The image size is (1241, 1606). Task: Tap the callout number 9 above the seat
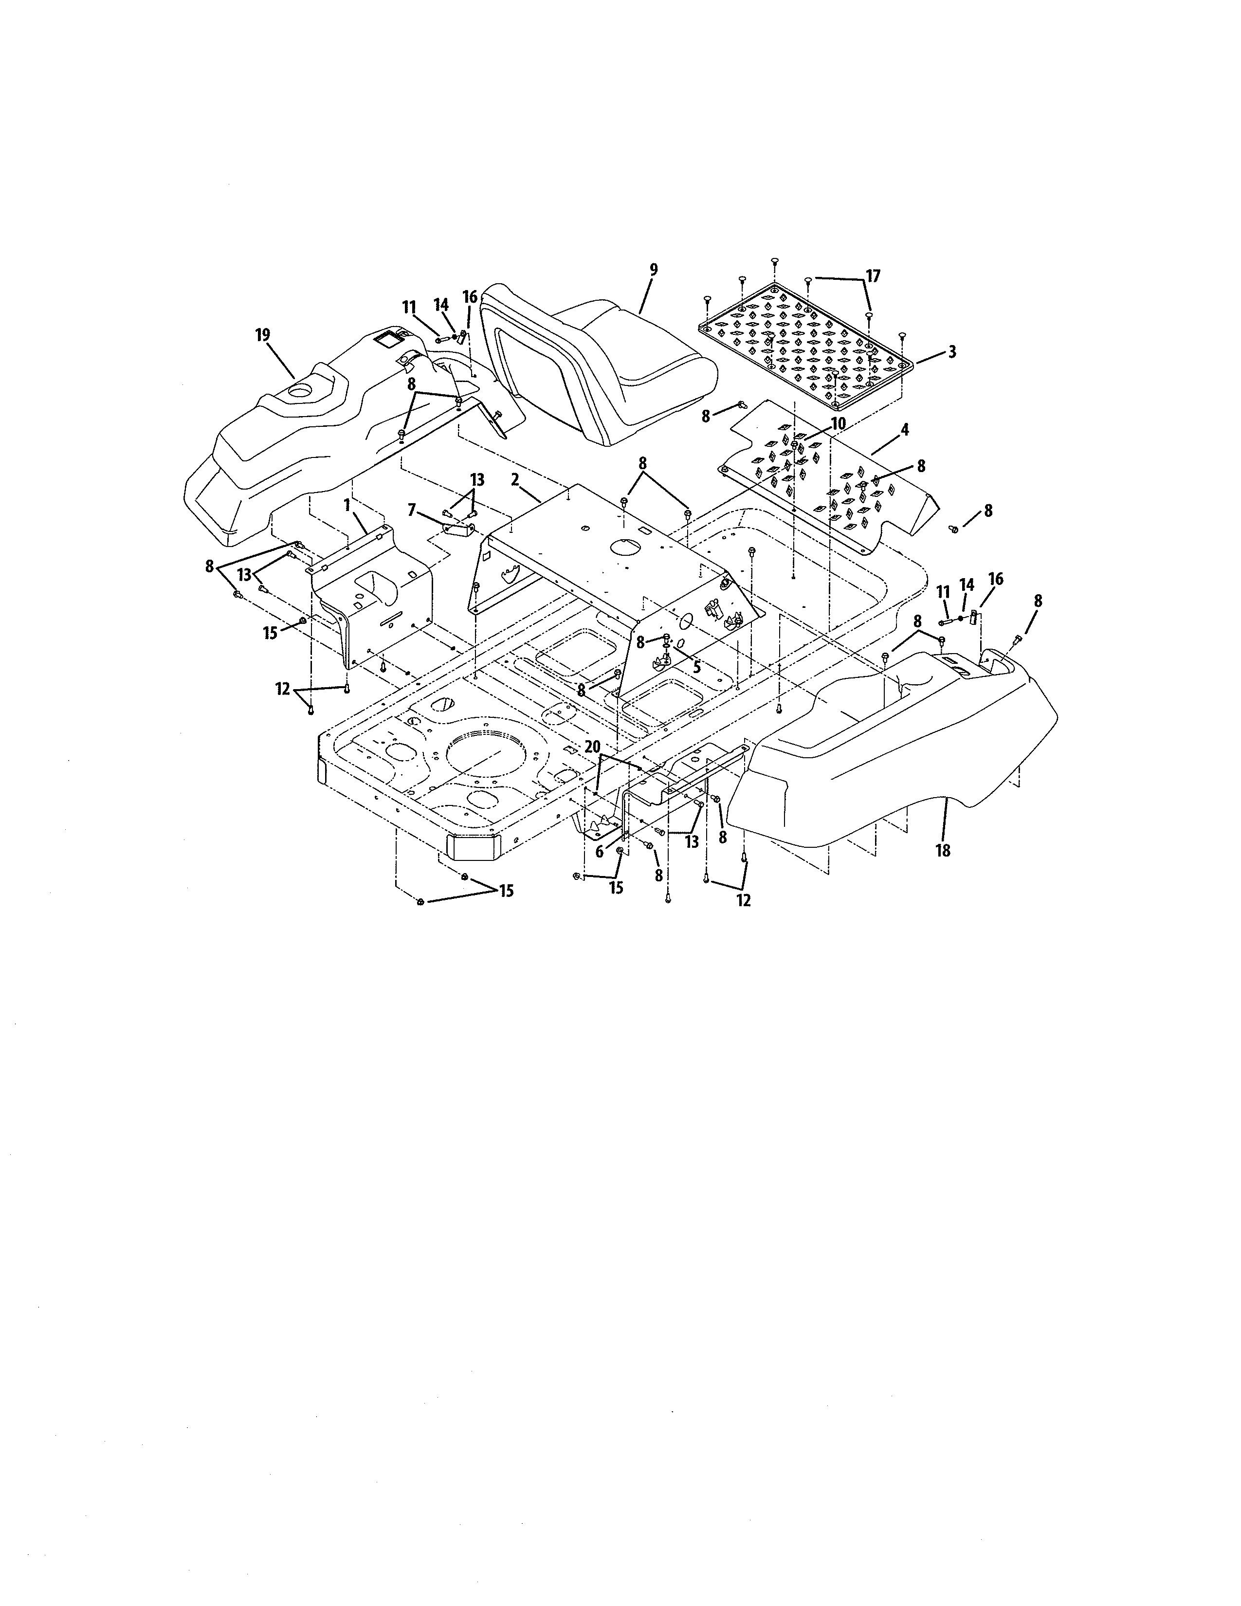(x=654, y=270)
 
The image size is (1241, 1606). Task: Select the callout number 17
(x=873, y=276)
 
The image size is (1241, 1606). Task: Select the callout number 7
(x=412, y=510)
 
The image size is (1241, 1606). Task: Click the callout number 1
(x=347, y=506)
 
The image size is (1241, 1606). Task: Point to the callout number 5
(x=696, y=668)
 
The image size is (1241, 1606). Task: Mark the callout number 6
(x=599, y=852)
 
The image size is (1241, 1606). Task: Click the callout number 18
(x=943, y=851)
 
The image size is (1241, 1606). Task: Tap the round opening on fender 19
(x=300, y=392)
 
